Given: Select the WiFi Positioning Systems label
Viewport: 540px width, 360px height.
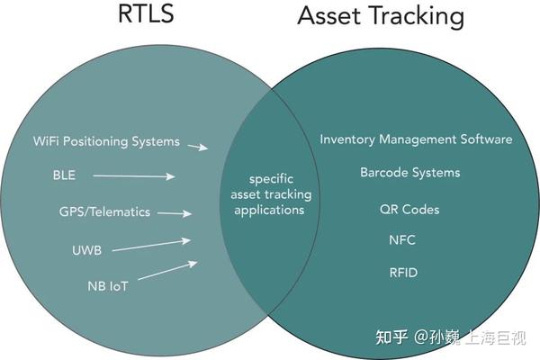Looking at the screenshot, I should pos(107,142).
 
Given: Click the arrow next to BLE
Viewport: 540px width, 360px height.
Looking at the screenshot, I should pos(133,176).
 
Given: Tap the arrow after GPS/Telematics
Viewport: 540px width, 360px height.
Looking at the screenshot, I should pos(175,214).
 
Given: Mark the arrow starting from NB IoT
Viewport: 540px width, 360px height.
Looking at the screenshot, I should pos(167,272).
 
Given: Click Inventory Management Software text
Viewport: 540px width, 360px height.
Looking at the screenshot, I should pos(416,139).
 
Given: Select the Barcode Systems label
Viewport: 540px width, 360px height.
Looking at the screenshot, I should pos(409,172).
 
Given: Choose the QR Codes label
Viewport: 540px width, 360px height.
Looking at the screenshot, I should pos(409,209).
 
